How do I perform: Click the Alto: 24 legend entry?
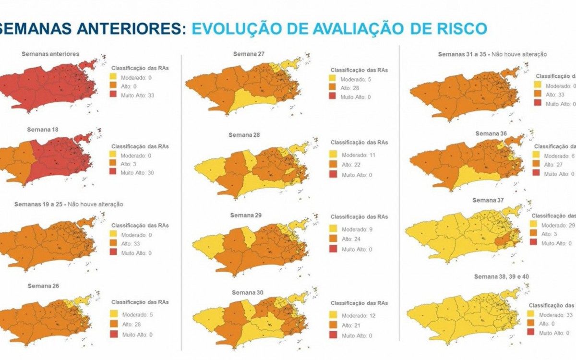coord(351,239)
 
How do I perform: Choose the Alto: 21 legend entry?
coord(351,326)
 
